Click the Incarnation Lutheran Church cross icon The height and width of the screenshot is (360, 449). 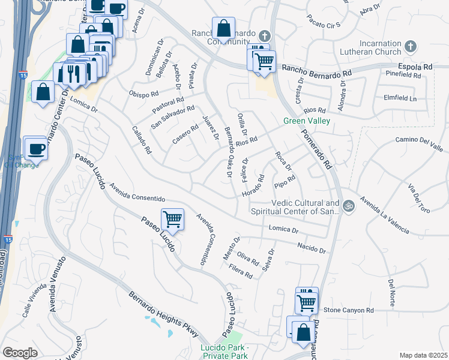(x=411, y=46)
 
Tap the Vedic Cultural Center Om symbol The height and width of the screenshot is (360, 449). (x=349, y=208)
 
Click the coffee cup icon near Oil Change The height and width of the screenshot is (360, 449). (x=35, y=148)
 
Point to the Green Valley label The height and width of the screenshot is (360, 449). (x=307, y=121)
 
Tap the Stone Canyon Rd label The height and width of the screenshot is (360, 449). (x=349, y=310)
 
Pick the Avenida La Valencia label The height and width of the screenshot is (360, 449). (x=385, y=215)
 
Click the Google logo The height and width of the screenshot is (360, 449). (x=20, y=353)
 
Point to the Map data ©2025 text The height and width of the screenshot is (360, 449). (x=423, y=355)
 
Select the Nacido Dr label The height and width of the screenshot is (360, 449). (x=312, y=247)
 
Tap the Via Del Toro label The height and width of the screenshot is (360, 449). (x=419, y=199)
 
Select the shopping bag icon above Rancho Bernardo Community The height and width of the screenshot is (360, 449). (x=223, y=28)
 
